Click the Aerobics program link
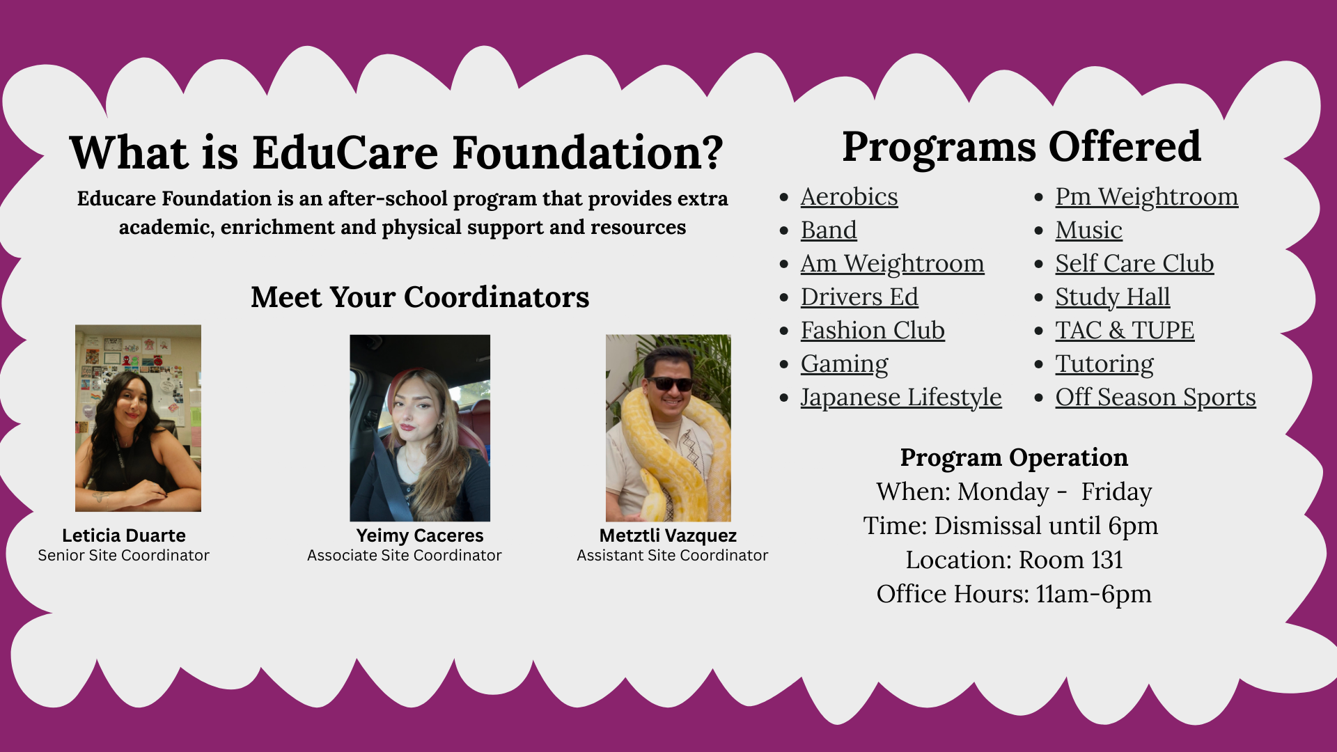848,197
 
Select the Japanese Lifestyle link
900,398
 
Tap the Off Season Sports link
1155,398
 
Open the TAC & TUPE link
1124,331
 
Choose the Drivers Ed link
859,297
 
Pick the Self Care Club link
1134,264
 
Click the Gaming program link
844,364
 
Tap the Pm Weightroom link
1146,197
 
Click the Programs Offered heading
1021,147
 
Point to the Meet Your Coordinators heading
420,297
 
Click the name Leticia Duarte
124,535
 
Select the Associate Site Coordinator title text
404,556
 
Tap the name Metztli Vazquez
668,535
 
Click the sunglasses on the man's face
670,384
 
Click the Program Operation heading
1014,457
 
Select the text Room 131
1071,560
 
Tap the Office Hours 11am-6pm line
1014,594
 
